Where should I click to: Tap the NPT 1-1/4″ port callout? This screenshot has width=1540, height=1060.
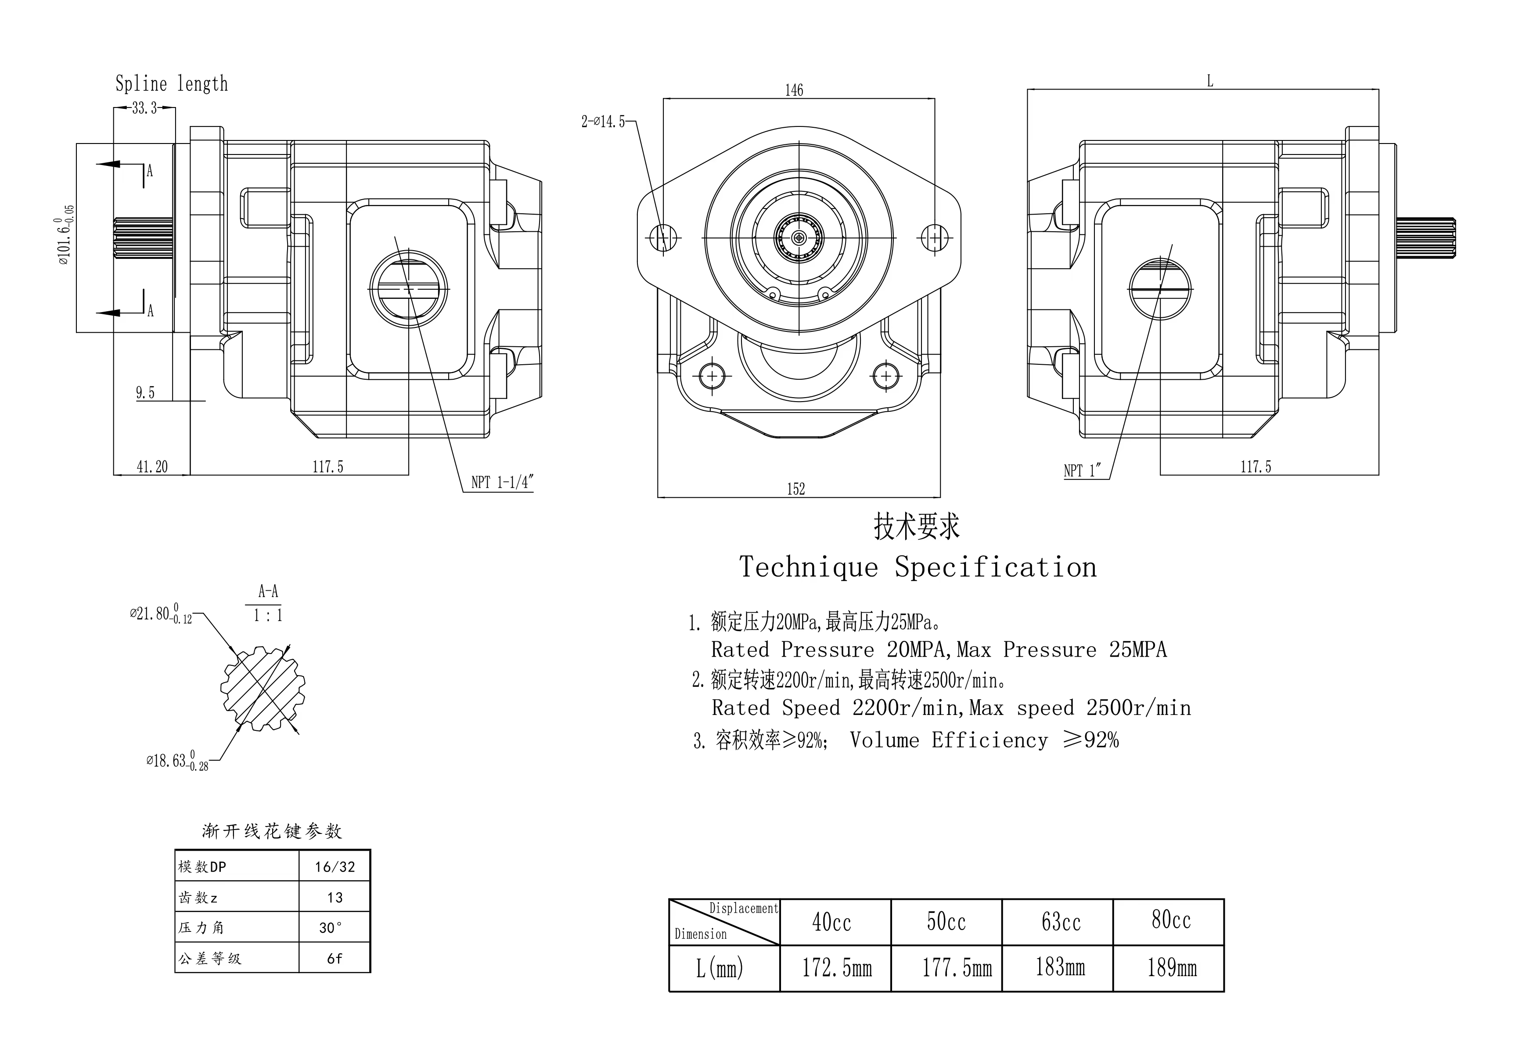click(502, 483)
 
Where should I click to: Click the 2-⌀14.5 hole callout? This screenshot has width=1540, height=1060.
click(603, 122)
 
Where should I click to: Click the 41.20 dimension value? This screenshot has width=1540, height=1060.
click(152, 467)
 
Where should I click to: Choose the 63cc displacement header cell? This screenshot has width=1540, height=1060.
click(1061, 922)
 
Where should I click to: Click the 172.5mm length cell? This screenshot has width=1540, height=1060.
click(836, 968)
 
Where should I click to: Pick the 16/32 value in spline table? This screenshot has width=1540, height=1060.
click(335, 867)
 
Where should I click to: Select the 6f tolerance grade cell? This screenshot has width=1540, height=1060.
click(335, 958)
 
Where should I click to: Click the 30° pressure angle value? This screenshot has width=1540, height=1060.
click(331, 928)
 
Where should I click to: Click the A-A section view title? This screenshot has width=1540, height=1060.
click(268, 591)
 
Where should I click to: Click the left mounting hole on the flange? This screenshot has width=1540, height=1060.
click(663, 237)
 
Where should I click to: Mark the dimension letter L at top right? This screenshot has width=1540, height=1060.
click(1210, 82)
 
